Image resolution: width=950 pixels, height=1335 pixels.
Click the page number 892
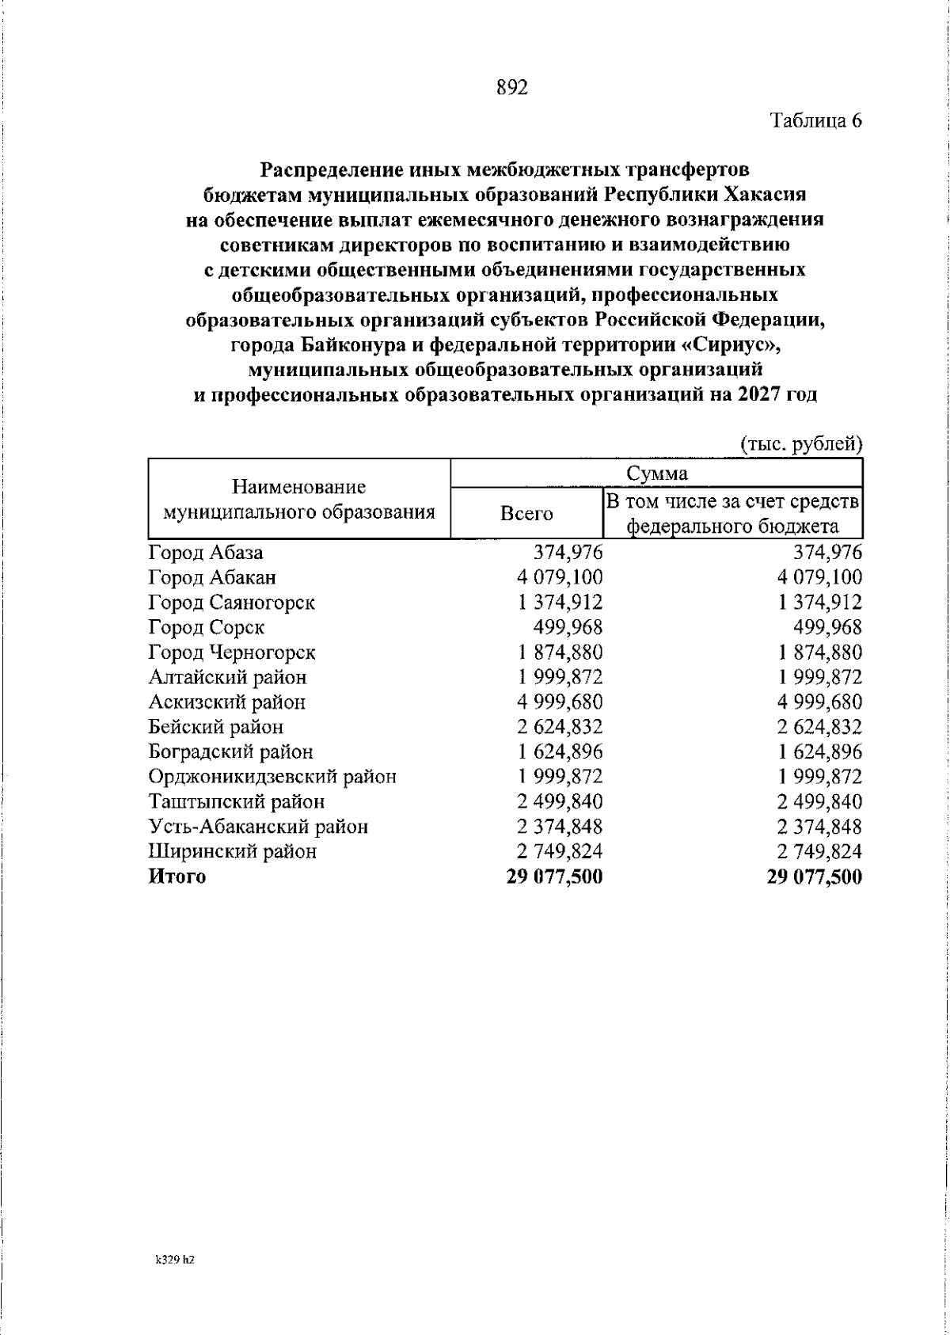pos(512,88)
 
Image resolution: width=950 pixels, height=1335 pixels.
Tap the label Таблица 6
pos(815,121)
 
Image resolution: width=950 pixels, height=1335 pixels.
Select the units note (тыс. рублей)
pos(800,444)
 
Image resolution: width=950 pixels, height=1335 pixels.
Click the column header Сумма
pos(656,474)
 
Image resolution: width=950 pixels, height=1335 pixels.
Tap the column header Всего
pos(526,513)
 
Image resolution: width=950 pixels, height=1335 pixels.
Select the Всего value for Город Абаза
pos(568,553)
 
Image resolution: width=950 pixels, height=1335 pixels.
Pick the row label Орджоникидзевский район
pos(272,776)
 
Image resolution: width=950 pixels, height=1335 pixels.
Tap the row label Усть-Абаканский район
pos(258,826)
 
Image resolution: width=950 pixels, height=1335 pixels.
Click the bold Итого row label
pos(177,877)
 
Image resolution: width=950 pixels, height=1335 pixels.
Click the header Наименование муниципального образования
pos(299,500)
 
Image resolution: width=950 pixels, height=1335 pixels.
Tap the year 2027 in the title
pos(759,394)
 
